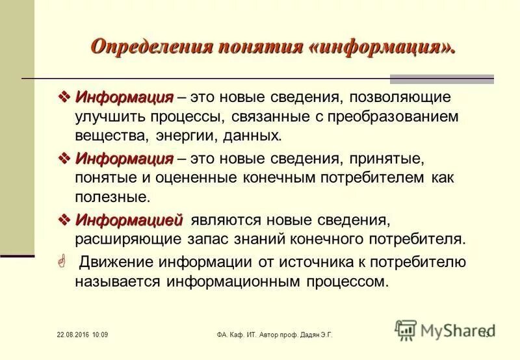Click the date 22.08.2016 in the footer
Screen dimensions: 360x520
click(69, 335)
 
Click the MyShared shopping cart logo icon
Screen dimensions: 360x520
click(406, 331)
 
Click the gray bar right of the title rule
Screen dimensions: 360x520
click(441, 79)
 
